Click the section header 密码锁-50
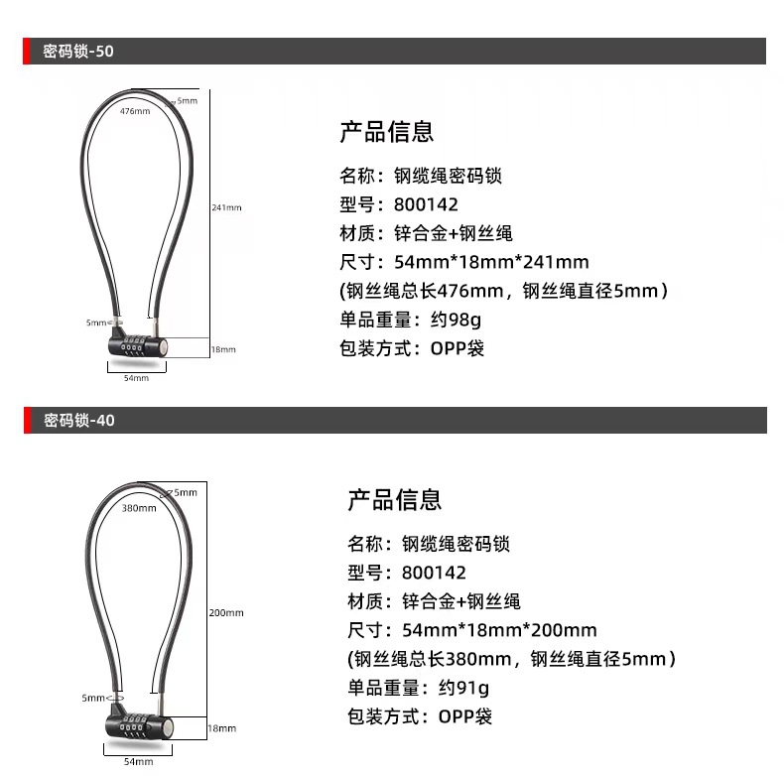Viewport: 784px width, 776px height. click(x=78, y=52)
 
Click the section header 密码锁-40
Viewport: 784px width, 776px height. click(x=79, y=421)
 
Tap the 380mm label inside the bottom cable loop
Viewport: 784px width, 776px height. click(x=139, y=508)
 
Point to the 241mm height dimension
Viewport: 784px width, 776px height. click(x=226, y=207)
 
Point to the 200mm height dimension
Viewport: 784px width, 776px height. click(x=225, y=612)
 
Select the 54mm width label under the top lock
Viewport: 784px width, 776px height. click(x=136, y=378)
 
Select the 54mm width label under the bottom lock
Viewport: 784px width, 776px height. click(x=138, y=761)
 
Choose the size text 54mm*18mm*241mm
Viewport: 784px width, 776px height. click(x=491, y=262)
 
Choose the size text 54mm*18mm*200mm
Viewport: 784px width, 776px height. click(x=499, y=629)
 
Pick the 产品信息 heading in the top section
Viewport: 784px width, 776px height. click(x=387, y=132)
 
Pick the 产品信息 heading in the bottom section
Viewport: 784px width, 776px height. click(x=394, y=499)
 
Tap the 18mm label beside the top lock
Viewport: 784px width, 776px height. click(x=223, y=349)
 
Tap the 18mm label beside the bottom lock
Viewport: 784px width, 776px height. click(x=221, y=728)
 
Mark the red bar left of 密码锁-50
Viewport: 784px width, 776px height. click(x=27, y=52)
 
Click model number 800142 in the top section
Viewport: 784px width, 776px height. click(x=426, y=205)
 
